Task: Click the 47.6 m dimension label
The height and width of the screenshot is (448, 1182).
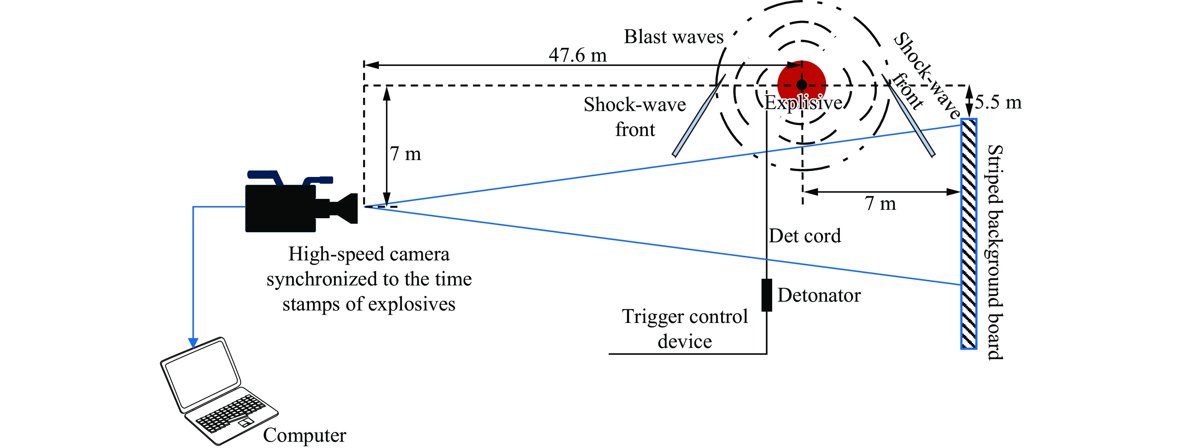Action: pyautogui.click(x=577, y=55)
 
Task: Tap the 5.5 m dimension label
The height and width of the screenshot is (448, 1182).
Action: pyautogui.click(x=998, y=102)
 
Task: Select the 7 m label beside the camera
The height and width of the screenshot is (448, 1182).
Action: pyautogui.click(x=405, y=154)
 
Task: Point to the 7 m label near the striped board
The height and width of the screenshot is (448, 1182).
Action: pyautogui.click(x=880, y=204)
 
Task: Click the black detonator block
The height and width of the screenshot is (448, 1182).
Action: pyautogui.click(x=766, y=295)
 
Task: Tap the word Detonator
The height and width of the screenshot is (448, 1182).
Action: pyautogui.click(x=819, y=295)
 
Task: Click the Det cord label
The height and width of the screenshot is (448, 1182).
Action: pyautogui.click(x=805, y=236)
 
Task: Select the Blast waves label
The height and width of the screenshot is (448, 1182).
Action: pyautogui.click(x=673, y=37)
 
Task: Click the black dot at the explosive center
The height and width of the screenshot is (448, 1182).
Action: pyautogui.click(x=801, y=85)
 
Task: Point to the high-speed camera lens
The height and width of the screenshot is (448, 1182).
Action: pyautogui.click(x=346, y=209)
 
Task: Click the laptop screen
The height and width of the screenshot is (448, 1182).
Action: pyautogui.click(x=202, y=373)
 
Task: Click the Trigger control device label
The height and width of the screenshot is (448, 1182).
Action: pyautogui.click(x=684, y=329)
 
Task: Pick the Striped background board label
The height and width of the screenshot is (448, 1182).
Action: pyautogui.click(x=995, y=252)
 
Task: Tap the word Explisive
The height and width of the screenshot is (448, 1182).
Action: pyautogui.click(x=803, y=103)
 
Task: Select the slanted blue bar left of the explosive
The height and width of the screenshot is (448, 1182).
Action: pyautogui.click(x=698, y=117)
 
